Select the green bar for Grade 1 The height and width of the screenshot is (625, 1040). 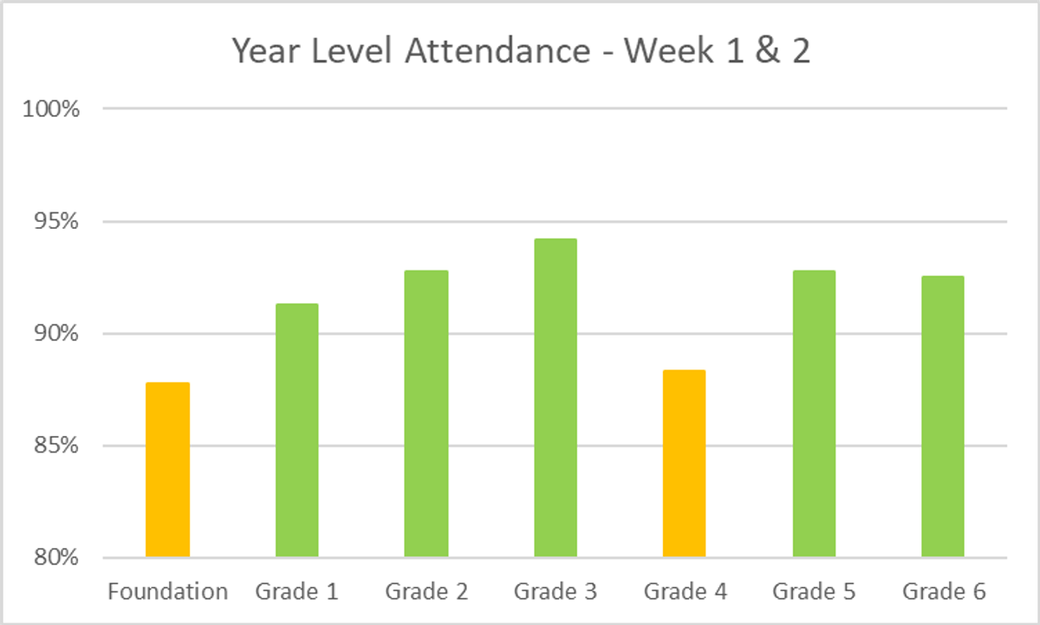296,430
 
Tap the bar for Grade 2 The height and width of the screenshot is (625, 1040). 426,413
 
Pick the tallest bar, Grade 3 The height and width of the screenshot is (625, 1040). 556,398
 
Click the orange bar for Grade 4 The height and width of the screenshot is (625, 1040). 684,463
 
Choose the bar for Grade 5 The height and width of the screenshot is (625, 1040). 814,413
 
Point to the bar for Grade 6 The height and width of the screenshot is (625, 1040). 943,416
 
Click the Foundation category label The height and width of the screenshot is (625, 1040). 167,592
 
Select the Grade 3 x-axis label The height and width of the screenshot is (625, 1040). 556,592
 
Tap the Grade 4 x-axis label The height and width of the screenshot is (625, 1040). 685,592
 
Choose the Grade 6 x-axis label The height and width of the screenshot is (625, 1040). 944,592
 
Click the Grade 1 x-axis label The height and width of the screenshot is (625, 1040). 296,592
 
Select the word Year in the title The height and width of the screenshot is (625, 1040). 263,52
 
